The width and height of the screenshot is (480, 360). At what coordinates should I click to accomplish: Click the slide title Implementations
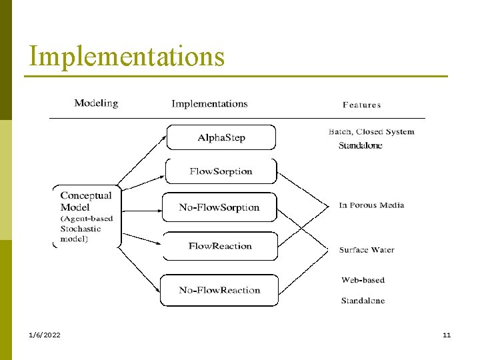(127, 57)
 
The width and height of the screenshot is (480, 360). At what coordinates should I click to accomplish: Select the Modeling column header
(96, 103)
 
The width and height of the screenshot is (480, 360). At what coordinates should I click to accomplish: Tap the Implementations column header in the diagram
(209, 103)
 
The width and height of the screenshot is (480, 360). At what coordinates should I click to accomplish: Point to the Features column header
(361, 105)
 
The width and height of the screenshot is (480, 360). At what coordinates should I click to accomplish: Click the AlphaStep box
(221, 137)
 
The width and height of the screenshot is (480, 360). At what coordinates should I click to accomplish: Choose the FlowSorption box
(221, 171)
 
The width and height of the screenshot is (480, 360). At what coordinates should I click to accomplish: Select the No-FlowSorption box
(219, 207)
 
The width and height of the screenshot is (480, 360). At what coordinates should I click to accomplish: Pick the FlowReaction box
(220, 246)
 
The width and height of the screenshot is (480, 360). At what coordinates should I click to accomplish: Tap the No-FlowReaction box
(219, 290)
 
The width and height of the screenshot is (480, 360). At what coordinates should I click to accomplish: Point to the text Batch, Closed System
(371, 131)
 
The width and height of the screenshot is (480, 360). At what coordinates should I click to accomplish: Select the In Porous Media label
(371, 205)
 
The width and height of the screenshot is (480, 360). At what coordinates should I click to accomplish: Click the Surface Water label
(367, 250)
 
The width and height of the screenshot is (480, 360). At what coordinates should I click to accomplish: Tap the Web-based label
(363, 280)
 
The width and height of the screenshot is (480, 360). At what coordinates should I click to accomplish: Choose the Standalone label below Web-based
(363, 301)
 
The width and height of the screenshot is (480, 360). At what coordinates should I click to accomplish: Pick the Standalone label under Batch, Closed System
(360, 145)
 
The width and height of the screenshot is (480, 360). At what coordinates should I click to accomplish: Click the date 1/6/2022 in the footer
(45, 335)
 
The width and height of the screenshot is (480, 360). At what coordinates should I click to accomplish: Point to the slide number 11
(447, 335)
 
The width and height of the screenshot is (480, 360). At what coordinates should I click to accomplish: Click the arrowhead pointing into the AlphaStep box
(163, 137)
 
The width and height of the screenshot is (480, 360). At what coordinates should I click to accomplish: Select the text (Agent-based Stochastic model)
(87, 229)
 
